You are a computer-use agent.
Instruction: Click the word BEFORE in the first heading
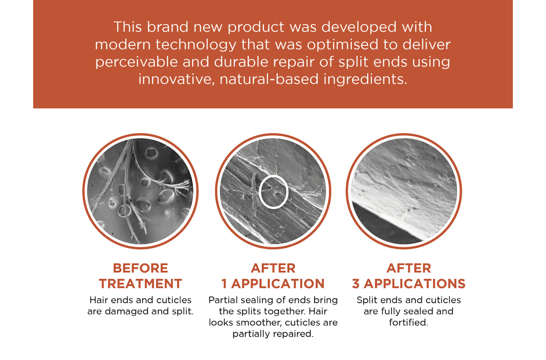click(140, 268)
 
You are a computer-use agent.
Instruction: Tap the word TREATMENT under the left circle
click(140, 284)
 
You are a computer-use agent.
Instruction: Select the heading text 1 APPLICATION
click(273, 284)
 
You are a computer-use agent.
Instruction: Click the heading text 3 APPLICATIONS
click(409, 284)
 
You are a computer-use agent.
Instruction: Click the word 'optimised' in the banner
click(342, 45)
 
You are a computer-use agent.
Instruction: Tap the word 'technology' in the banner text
click(196, 45)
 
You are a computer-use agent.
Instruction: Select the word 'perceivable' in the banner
click(136, 62)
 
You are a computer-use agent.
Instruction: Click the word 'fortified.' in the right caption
click(409, 323)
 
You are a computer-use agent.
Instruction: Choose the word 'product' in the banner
click(256, 27)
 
